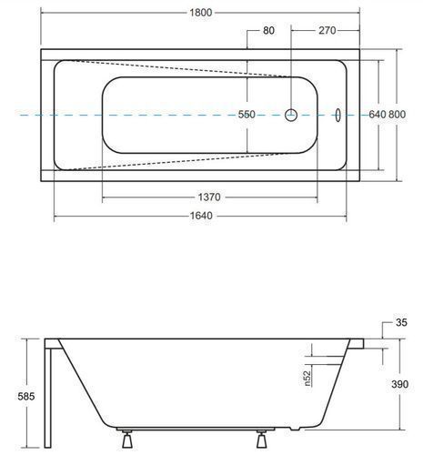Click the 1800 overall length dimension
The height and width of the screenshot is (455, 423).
tap(201, 13)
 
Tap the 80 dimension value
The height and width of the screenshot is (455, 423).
tap(268, 30)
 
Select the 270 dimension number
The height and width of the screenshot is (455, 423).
tap(327, 30)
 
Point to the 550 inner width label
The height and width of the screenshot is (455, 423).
tap(247, 115)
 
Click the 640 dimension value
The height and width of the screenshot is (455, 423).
tap(378, 115)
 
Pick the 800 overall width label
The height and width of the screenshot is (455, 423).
tap(397, 115)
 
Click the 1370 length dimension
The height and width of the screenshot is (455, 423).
tap(209, 197)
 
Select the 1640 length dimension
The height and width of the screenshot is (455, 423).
tap(201, 216)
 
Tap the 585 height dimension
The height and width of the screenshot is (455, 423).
tap(26, 396)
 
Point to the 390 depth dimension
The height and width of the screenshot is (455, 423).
tap(399, 384)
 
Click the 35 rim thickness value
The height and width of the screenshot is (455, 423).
tap(401, 322)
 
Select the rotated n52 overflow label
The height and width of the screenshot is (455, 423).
tap(307, 379)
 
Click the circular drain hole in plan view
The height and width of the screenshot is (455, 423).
tap(291, 115)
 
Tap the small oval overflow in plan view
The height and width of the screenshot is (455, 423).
tap(337, 116)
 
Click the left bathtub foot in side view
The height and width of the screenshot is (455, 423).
tap(126, 440)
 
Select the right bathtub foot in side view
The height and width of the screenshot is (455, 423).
tap(262, 440)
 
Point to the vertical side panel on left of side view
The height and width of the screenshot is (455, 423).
tap(48, 398)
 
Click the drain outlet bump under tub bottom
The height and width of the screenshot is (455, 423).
tap(295, 429)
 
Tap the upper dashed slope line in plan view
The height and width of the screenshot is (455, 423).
tap(180, 68)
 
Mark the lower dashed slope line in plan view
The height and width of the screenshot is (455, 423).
tap(180, 162)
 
